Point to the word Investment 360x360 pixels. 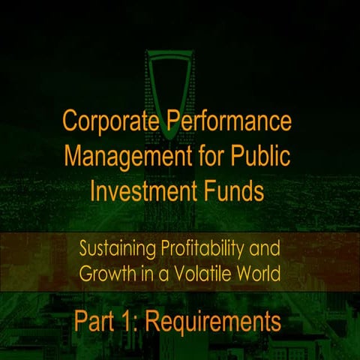pos(139,191)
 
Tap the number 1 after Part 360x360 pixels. pos(127,322)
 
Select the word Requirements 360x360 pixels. pos(213,322)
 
